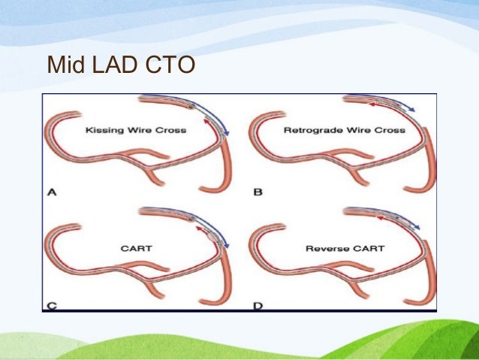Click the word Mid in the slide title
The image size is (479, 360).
(63, 65)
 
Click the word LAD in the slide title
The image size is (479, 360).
(107, 65)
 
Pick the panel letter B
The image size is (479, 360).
(258, 192)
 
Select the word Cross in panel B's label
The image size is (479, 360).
(390, 130)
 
